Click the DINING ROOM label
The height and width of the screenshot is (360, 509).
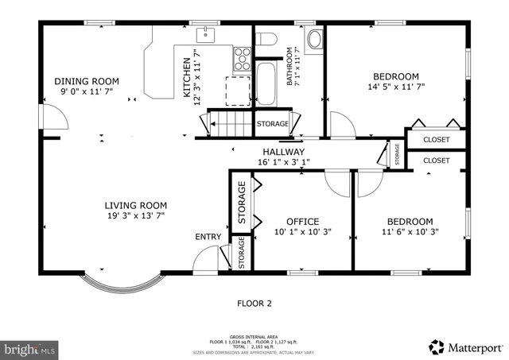[x=87, y=81]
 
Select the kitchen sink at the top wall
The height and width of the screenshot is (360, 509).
[x=206, y=33]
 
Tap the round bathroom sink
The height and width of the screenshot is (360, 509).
[x=314, y=37]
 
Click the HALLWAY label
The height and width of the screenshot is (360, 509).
[x=282, y=152]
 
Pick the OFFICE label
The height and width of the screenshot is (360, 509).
[x=302, y=222]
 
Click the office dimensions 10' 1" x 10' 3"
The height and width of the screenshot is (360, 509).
[x=302, y=232]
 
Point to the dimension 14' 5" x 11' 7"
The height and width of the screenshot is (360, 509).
[x=396, y=88]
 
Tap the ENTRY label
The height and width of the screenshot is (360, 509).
[x=208, y=237]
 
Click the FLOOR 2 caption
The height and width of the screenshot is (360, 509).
[x=254, y=303]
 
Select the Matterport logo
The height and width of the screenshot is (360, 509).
[x=465, y=347]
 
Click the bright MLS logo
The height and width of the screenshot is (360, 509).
[x=30, y=348]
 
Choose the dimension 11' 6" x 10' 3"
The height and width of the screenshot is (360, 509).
[x=410, y=232]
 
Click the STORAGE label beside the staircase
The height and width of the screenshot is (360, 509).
[x=272, y=124]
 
